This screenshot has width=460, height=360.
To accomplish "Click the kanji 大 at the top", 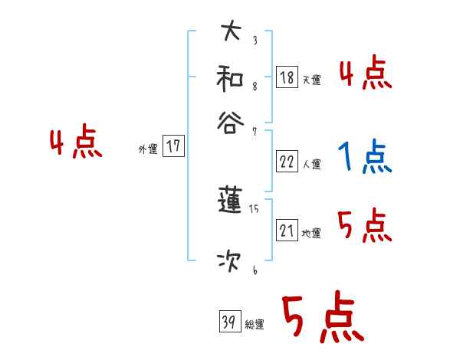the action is click(x=230, y=33).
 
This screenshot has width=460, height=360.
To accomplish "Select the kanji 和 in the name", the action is click(x=230, y=77).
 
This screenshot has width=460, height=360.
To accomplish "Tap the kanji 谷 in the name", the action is click(x=230, y=122).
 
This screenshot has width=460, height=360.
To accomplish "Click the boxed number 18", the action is click(x=287, y=77).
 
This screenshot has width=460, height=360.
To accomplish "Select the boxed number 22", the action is click(x=287, y=162).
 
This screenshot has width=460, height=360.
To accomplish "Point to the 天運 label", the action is click(x=311, y=80).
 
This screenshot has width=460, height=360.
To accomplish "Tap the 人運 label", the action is click(x=311, y=164).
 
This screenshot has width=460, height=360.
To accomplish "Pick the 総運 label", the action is click(x=255, y=324).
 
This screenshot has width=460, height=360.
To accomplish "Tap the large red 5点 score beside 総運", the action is click(x=321, y=319).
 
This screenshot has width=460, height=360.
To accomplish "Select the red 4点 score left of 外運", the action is click(x=76, y=144).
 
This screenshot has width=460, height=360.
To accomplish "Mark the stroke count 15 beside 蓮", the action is click(x=254, y=208).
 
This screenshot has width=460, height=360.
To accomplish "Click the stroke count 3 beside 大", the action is click(x=255, y=41).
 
